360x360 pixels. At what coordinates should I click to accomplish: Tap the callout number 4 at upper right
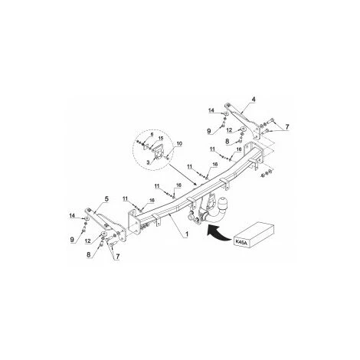pos(254,98)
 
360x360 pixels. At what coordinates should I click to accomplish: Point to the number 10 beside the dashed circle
pos(179,143)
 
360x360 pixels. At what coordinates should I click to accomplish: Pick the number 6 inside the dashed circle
pos(152,134)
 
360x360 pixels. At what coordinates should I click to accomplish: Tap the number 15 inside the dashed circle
pos(161,139)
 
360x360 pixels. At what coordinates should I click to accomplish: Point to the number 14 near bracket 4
pos(211,112)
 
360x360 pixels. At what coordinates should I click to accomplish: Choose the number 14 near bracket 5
pos(73,218)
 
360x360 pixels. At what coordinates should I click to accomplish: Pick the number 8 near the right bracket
pos(227,142)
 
